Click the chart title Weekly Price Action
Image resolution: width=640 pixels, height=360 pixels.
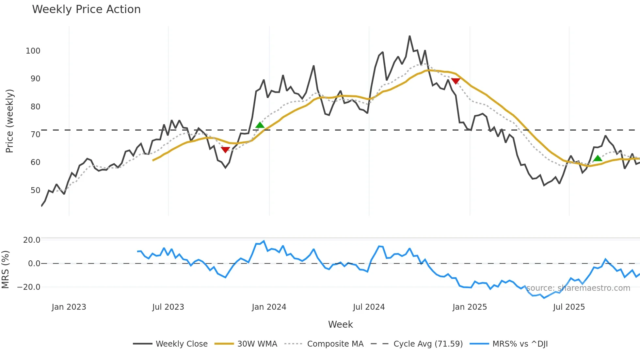point(86,9)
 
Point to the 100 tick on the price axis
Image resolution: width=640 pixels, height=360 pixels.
point(33,51)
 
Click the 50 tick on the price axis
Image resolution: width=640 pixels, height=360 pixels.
point(35,190)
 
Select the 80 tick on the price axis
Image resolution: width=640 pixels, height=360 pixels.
point(35,107)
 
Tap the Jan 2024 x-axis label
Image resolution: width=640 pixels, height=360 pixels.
point(269,307)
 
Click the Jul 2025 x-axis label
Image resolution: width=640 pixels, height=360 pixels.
point(569,307)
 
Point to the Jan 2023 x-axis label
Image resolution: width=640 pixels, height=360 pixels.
point(69,307)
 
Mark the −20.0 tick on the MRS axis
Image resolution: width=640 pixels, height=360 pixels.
point(29,287)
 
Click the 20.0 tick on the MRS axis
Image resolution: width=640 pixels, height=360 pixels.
point(32,240)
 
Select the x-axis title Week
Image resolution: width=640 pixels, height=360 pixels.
point(340,324)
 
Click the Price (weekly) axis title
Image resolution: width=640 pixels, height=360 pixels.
point(9,121)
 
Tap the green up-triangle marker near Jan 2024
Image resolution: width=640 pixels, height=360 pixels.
point(260,125)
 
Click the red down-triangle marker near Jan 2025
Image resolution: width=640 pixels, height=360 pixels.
point(456,81)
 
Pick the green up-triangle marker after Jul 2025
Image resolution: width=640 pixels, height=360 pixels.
point(598,158)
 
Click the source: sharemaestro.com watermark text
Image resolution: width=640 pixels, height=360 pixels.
point(578,288)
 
